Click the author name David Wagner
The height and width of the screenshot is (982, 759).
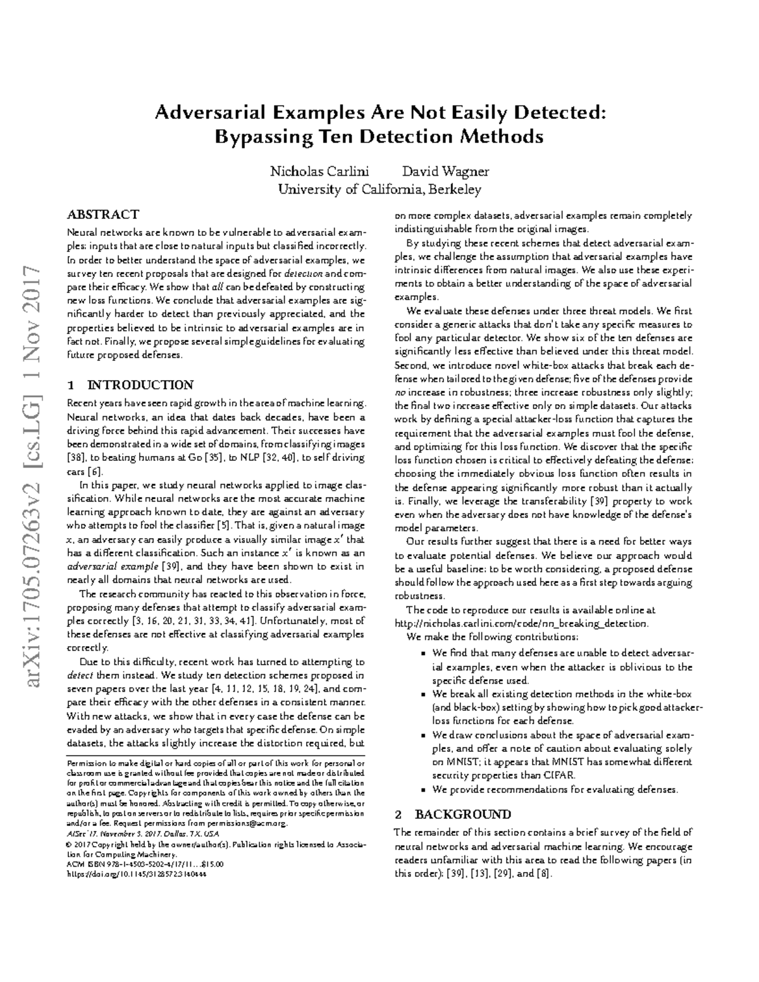click(x=445, y=171)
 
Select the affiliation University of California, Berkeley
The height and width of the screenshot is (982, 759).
click(x=379, y=189)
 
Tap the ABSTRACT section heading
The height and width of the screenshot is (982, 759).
click(x=103, y=214)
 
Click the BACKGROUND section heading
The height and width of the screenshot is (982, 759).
click(x=462, y=814)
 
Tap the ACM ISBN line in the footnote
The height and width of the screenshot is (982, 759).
click(x=145, y=864)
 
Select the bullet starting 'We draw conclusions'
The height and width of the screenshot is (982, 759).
click(x=562, y=735)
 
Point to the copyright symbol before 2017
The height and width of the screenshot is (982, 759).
click(x=70, y=845)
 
